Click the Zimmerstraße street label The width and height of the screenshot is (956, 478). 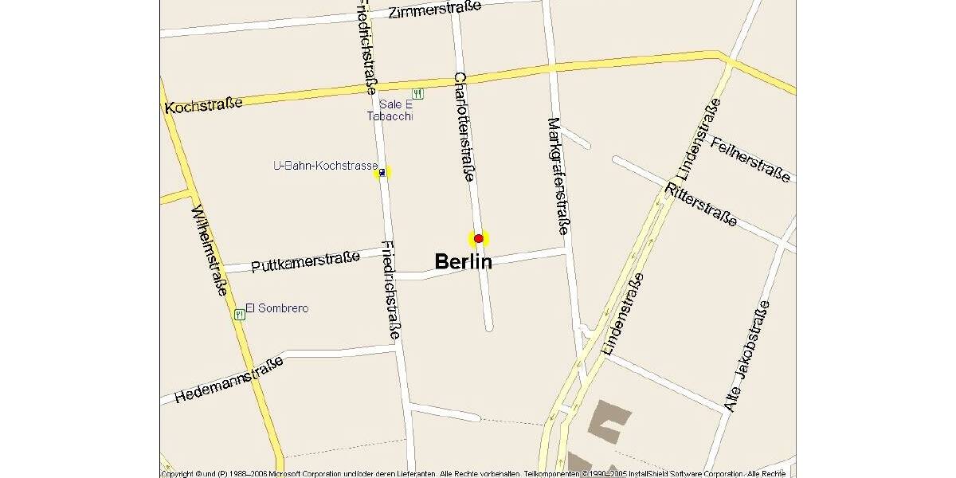coord(435,10)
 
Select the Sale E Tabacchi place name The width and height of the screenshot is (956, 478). coord(390,110)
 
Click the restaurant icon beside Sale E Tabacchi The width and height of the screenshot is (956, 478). coord(418,93)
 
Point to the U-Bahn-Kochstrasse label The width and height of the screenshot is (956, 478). coord(325,166)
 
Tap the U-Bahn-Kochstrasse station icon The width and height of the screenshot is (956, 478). coord(383,172)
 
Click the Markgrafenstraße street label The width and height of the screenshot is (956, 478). coord(558,175)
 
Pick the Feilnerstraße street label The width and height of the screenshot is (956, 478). coord(750,159)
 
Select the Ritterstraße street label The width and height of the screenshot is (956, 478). coord(703,205)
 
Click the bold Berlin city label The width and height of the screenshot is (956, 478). coord(463,261)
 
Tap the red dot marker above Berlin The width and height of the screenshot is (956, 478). coord(478,238)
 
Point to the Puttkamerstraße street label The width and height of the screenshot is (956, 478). coord(305,261)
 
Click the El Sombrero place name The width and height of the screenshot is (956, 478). coord(276,308)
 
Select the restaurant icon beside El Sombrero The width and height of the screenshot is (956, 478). coord(239,315)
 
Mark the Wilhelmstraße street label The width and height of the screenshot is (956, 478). coord(210,250)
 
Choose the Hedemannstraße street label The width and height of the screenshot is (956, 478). coord(229,380)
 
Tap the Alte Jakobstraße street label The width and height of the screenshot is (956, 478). coord(747,356)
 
